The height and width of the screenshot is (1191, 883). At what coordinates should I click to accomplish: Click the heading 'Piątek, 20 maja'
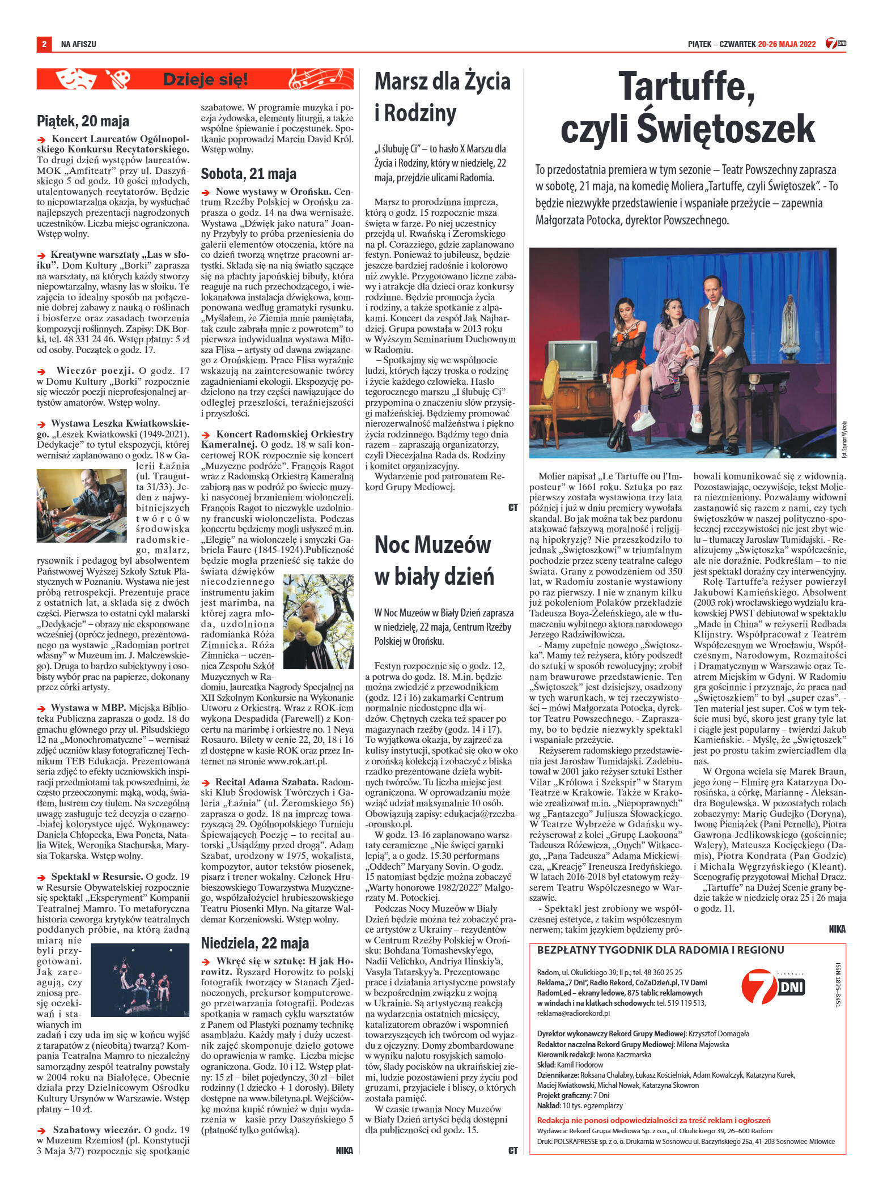[83, 121]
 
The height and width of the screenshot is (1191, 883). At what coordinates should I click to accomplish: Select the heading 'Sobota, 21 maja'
[249, 174]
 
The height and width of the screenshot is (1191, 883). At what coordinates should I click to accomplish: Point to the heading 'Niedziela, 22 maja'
[256, 943]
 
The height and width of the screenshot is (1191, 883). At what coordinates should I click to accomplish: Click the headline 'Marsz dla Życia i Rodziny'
[443, 97]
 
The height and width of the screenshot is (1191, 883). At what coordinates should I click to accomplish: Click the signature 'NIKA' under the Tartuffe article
[836, 929]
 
